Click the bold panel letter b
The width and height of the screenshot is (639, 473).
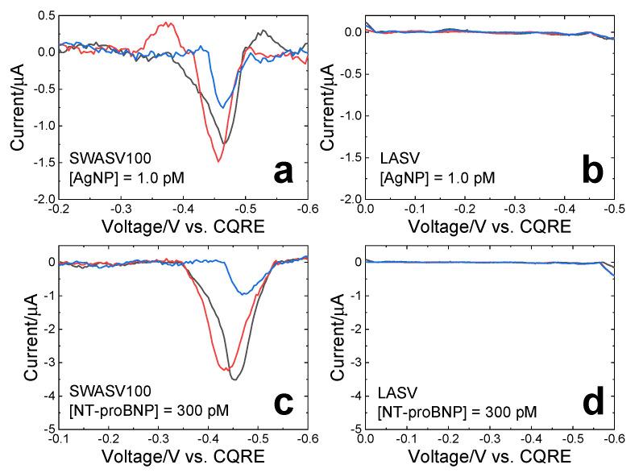coord(594,171)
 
